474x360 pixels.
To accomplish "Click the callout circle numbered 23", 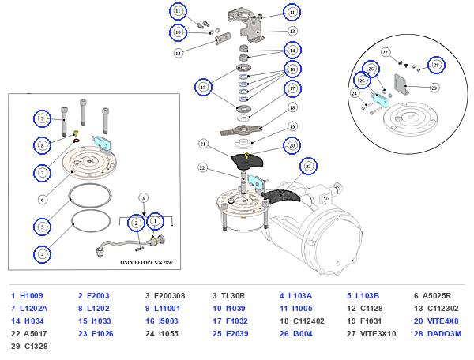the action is coord(308,167).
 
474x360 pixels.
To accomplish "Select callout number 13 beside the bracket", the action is coord(292,31).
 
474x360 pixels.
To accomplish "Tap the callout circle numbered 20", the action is coord(292,145).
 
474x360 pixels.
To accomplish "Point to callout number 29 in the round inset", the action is coord(434,88).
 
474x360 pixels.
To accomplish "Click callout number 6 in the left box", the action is coord(43,200).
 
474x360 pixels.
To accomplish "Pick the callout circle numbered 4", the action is coord(42,254).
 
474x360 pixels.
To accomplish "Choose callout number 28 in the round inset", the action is coord(436,65).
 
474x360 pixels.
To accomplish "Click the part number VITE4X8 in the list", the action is coord(442,321).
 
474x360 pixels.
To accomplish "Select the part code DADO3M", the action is coord(444,334).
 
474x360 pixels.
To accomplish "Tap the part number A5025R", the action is coord(437,296).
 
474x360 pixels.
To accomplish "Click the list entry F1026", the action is coord(103,334).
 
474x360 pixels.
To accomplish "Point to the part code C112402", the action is coord(308,321).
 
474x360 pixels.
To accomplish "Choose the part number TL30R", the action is coord(233,296).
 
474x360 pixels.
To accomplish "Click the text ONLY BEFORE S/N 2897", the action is coord(147,262).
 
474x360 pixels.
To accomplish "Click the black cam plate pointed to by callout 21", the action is coord(247,162).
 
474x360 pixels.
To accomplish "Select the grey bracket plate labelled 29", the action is coord(401,84).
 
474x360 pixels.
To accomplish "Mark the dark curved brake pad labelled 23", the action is coord(281,196).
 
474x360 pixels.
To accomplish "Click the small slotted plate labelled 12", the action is coord(223,39).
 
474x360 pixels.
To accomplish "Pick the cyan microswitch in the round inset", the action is coord(382,99).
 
